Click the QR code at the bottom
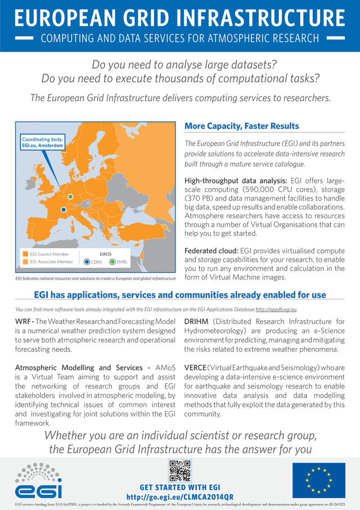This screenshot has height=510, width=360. (180, 471)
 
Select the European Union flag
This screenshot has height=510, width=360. (318, 480)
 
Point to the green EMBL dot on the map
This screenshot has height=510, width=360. (70, 196)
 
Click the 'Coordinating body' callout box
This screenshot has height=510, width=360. (43, 142)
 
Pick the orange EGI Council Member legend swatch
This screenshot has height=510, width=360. (24, 254)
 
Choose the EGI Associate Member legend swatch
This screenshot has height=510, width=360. (24, 262)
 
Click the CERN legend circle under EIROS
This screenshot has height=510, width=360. (86, 262)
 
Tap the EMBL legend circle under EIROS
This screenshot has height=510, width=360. (112, 262)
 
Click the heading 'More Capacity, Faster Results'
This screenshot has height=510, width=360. (242, 126)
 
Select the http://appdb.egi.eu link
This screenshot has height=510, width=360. (276, 310)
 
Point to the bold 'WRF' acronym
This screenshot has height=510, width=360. (23, 320)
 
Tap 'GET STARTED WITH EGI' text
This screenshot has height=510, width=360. (180, 487)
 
